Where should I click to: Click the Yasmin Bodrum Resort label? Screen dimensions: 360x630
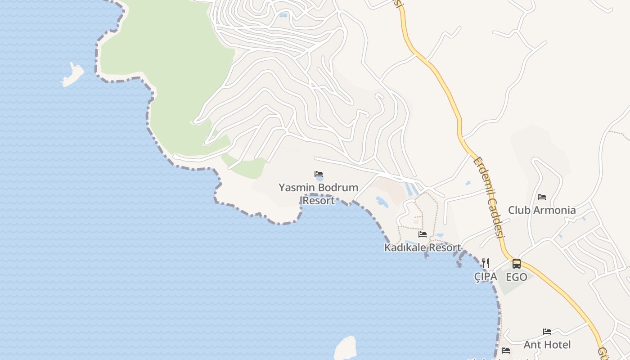pyautogui.click(x=319, y=193)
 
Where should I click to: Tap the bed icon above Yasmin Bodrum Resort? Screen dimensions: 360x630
pyautogui.click(x=319, y=174)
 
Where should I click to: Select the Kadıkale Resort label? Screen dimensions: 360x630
pyautogui.click(x=423, y=247)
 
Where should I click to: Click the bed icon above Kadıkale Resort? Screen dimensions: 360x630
pyautogui.click(x=423, y=234)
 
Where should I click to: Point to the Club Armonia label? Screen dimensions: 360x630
pyautogui.click(x=542, y=210)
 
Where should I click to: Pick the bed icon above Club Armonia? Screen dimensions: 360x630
pyautogui.click(x=542, y=197)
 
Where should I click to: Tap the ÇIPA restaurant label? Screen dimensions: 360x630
pyautogui.click(x=486, y=277)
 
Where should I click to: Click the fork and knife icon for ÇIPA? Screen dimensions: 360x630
pyautogui.click(x=486, y=263)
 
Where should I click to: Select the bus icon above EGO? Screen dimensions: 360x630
pyautogui.click(x=517, y=264)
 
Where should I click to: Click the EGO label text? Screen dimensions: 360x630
pyautogui.click(x=517, y=277)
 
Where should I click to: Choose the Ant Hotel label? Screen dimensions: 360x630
pyautogui.click(x=547, y=345)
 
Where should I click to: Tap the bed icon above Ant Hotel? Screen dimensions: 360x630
pyautogui.click(x=547, y=332)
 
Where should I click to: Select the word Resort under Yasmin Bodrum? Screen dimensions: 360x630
pyautogui.click(x=319, y=200)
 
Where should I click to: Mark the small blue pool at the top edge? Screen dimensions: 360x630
pyautogui.click(x=283, y=15)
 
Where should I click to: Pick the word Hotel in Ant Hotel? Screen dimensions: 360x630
pyautogui.click(x=558, y=345)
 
